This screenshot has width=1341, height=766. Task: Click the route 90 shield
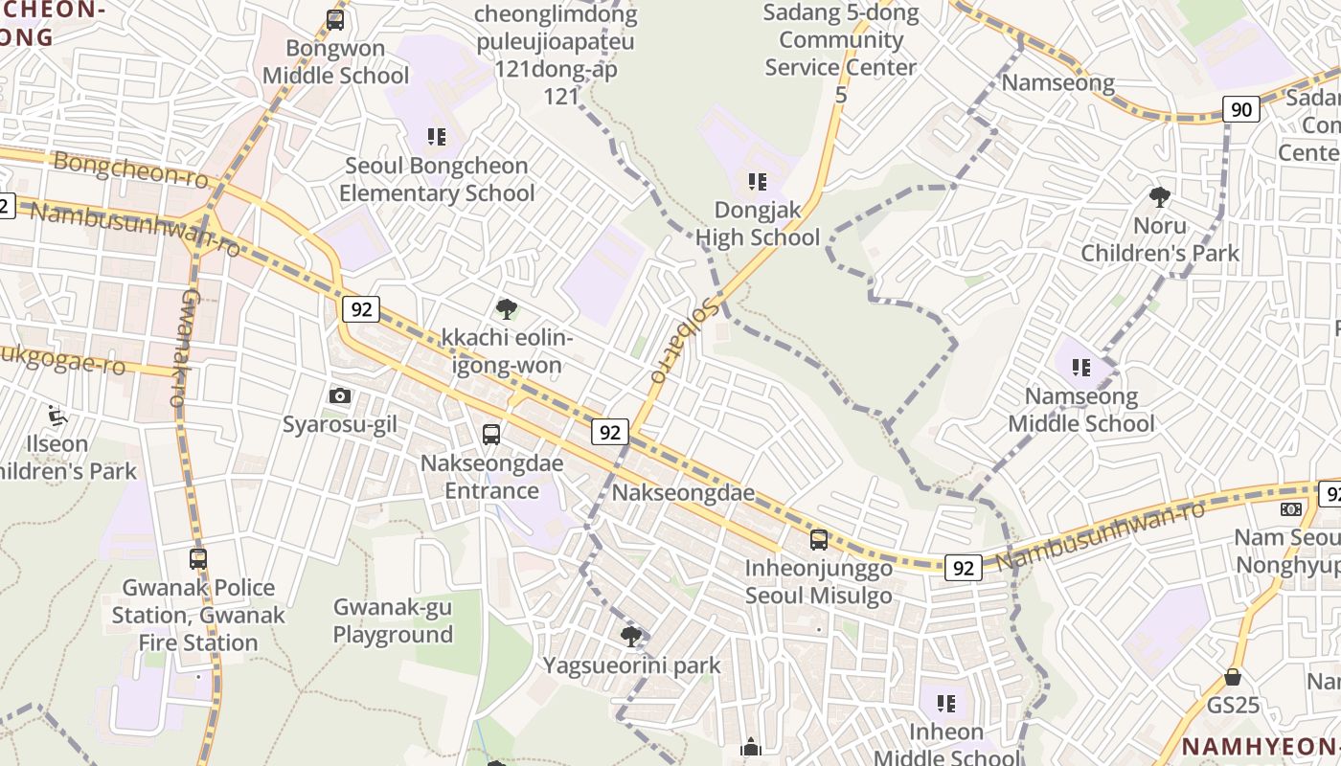1240,109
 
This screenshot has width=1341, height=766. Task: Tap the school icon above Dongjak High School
758,181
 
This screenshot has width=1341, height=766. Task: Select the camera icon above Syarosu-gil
339,395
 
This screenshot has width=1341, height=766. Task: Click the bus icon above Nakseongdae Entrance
491,435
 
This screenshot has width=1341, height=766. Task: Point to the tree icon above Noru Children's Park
1160,198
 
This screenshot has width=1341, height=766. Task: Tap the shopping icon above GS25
1233,677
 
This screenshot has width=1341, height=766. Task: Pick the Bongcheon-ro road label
130,169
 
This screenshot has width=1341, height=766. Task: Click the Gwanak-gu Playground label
393,620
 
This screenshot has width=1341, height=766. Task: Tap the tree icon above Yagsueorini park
631,637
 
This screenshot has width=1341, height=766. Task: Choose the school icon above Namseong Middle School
1081,368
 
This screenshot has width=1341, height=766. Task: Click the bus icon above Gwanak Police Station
198,559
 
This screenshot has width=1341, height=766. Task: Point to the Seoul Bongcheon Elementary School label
437,179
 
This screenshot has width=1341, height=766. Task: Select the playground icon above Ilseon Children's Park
57,416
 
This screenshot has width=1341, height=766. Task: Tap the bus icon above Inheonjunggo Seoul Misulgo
819,540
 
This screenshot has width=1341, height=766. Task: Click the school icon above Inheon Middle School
946,705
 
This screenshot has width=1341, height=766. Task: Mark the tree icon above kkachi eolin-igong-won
507,309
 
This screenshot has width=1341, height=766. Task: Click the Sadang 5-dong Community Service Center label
841,54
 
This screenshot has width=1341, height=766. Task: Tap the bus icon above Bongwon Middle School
335,19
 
